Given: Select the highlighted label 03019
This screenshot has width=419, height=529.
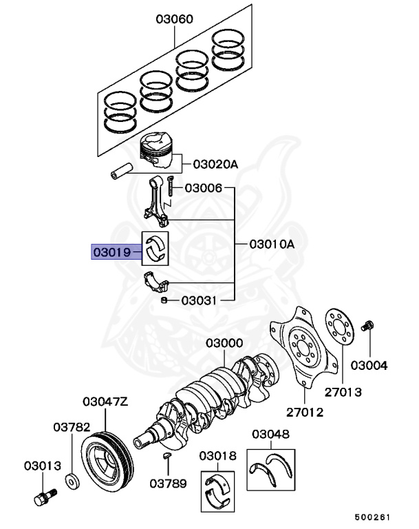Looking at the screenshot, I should coord(111,253).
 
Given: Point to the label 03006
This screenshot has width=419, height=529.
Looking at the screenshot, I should coord(204,188).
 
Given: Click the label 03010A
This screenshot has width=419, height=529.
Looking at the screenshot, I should coord(271,244).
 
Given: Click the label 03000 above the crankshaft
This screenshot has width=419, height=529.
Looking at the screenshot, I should coord(224,344).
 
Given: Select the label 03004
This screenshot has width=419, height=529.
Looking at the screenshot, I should coord(369,364).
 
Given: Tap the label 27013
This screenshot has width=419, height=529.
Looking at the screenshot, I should coord(343,392).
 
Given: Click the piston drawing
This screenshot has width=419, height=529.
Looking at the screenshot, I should coord(158,151).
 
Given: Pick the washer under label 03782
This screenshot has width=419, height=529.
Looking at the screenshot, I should coord(71,480).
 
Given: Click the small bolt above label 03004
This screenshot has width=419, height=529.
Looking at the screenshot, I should coord(369,325).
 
